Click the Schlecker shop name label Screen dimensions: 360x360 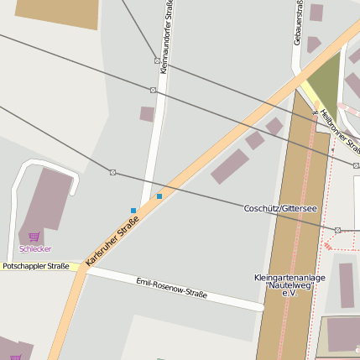pyautogui.click(x=35, y=249)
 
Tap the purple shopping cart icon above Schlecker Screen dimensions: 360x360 pyautogui.click(x=34, y=237)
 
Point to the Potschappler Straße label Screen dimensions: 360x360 pyautogui.click(x=35, y=266)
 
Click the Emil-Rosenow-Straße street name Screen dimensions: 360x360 pyautogui.click(x=171, y=289)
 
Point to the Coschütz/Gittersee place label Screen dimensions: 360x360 pyautogui.click(x=280, y=208)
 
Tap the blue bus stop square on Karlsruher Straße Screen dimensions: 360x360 pyautogui.click(x=159, y=196)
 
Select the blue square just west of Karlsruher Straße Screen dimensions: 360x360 pyautogui.click(x=133, y=210)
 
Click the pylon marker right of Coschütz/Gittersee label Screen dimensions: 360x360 pyautogui.click(x=337, y=230)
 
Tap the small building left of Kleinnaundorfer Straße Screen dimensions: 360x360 pyautogui.click(x=147, y=113)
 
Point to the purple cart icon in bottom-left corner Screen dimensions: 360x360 pyautogui.click(x=15, y=357)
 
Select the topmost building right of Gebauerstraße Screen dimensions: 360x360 pyautogui.click(x=316, y=13)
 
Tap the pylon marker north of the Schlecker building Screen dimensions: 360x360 pyautogui.click(x=112, y=172)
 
